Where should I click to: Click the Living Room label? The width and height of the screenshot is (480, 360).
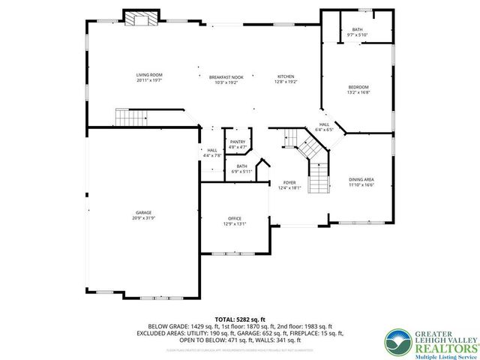coord(149,75)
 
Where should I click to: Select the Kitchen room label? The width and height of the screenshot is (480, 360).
coord(286,76)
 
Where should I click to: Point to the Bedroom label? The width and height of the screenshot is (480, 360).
coord(358,88)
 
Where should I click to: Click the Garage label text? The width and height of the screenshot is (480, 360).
coord(143,212)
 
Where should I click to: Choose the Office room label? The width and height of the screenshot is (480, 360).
coord(235,218)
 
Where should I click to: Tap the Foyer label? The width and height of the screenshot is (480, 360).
coord(289,183)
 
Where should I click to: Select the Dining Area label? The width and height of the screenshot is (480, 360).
coord(361,179)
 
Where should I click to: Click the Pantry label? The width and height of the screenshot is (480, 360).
coord(238,142)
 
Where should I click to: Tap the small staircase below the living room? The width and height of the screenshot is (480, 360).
coord(128,117)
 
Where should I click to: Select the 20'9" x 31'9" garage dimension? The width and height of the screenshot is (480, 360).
coord(143,217)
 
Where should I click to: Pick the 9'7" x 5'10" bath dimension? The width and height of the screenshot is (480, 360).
coord(357,35)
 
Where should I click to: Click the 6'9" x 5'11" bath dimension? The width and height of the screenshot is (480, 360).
coord(241,171)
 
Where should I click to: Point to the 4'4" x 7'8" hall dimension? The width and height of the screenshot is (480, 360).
coord(212,155)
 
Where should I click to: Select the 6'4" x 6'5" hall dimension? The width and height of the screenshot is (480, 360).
coord(324,130)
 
